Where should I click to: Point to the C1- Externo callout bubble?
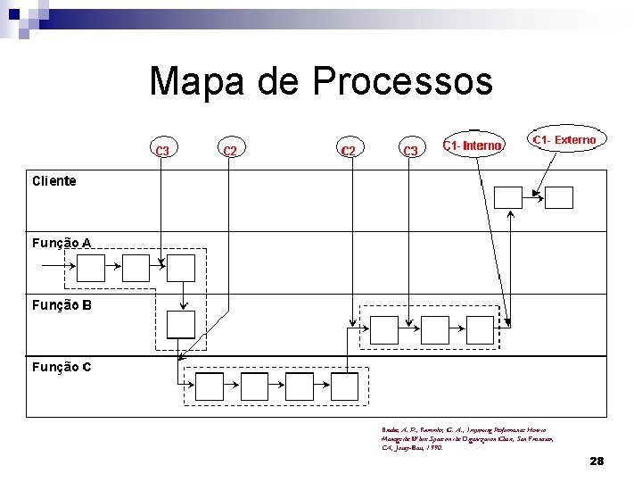pos(564,140)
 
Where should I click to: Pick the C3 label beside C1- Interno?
pos(411,151)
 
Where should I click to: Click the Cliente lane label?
pos(54,180)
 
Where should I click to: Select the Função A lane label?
pos(62,242)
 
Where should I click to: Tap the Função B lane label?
pos(62,304)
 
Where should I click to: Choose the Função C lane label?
pos(62,366)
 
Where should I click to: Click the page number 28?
pos(597,461)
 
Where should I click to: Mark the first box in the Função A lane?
pos(91,267)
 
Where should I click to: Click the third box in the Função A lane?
pos(181,267)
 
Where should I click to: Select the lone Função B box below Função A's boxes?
pos(181,323)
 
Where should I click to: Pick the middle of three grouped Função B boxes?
pos(430,329)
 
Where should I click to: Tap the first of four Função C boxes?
pos(209,386)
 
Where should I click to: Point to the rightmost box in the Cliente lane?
pos(559,197)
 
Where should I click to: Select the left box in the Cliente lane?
pos(508,197)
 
